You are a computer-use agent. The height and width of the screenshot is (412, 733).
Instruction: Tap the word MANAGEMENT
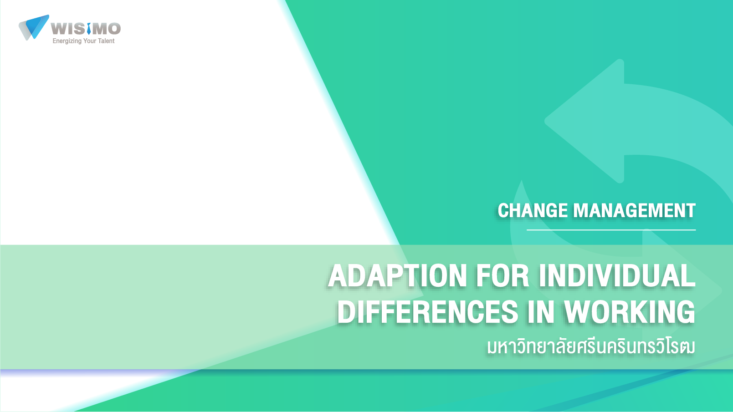pyautogui.click(x=635, y=210)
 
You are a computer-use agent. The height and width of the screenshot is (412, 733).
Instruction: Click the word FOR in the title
pyautogui.click(x=502, y=276)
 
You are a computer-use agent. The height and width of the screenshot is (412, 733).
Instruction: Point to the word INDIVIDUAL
pyautogui.click(x=617, y=276)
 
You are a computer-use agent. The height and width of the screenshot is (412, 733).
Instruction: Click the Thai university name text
pyautogui.click(x=591, y=346)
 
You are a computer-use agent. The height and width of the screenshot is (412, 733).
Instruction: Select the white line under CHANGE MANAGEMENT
pyautogui.click(x=611, y=230)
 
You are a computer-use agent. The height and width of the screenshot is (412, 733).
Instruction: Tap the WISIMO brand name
pyautogui.click(x=86, y=29)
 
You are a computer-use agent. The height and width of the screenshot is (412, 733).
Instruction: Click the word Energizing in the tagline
pyautogui.click(x=67, y=41)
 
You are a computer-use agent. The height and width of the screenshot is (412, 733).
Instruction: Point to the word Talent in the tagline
pyautogui.click(x=106, y=41)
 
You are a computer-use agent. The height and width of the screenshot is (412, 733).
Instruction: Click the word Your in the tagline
pyautogui.click(x=90, y=41)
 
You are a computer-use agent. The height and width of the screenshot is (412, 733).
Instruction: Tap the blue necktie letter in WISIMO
pyautogui.click(x=89, y=28)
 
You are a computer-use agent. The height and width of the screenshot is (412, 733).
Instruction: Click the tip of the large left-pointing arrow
pyautogui.click(x=544, y=121)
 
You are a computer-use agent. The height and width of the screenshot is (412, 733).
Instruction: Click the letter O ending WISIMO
pyautogui.click(x=114, y=29)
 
